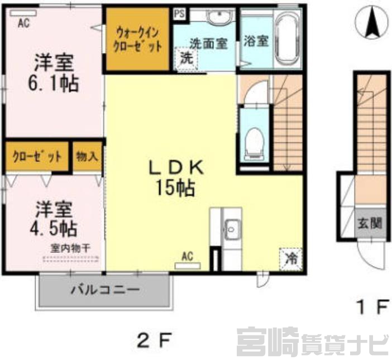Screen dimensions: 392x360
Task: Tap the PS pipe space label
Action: pos(179,13)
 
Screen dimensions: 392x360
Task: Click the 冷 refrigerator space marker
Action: pos(290,260)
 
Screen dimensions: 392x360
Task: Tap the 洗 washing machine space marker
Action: pos(187,59)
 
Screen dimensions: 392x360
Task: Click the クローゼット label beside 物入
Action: pos(37,157)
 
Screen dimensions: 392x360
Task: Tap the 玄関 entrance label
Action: pos(370,223)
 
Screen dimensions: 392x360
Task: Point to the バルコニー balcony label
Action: pos(105,290)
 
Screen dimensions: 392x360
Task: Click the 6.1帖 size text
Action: pos(54,83)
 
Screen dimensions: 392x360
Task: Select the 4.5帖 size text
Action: pos(54,228)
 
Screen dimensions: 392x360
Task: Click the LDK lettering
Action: pos(176,167)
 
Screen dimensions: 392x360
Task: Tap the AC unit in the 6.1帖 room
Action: pos(23,13)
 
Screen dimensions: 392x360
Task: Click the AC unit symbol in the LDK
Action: pos(188,266)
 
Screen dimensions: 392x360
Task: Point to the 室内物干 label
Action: pos(70,248)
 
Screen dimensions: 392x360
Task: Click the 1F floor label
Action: pos(372,308)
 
